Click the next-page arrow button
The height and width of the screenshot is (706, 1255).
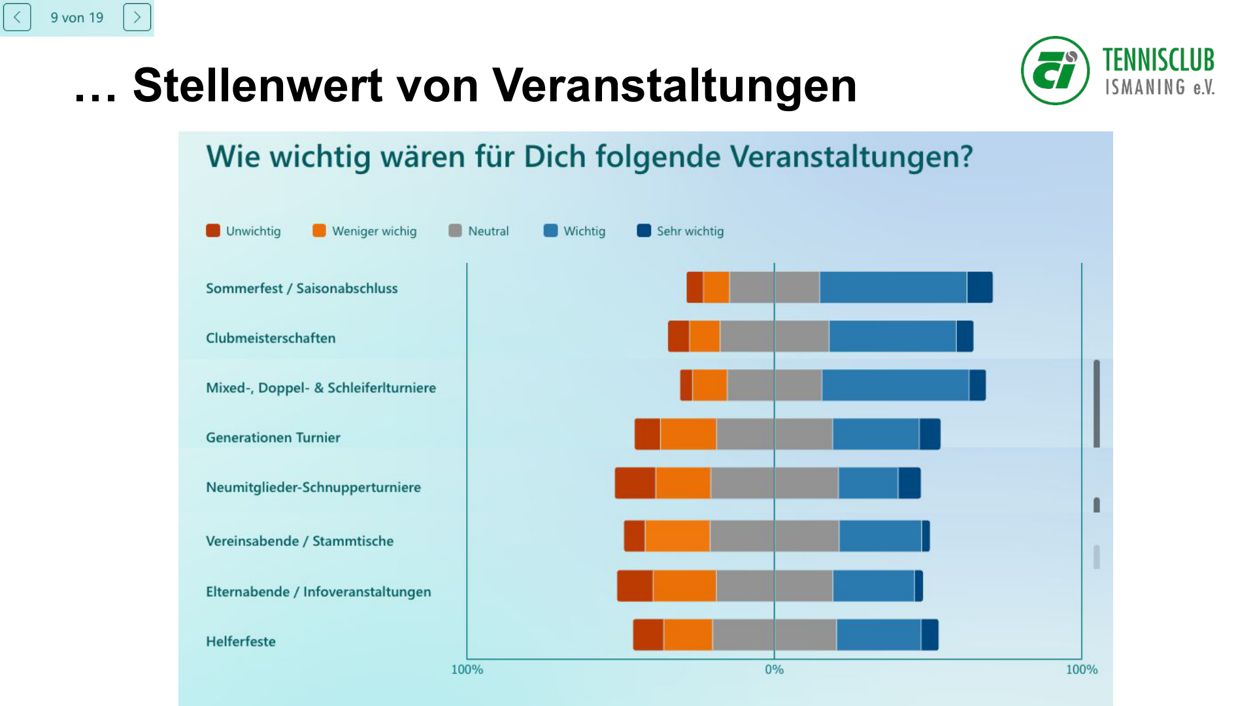click(137, 18)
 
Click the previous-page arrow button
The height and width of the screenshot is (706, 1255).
click(17, 18)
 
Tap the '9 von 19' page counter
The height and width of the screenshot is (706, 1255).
click(77, 18)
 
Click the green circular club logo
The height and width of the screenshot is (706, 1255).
click(1055, 71)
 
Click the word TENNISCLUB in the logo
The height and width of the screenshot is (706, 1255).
click(1158, 60)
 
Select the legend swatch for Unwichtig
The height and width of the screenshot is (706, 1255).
click(213, 231)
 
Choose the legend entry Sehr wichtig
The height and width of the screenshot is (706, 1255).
click(690, 231)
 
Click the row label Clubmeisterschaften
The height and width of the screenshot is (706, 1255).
click(271, 338)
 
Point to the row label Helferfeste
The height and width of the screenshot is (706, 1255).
click(241, 641)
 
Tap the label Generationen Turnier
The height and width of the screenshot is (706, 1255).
click(273, 437)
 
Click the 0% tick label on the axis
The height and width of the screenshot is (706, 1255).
click(774, 669)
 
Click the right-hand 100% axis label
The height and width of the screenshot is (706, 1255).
click(1081, 669)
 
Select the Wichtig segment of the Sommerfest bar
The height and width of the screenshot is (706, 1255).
click(893, 288)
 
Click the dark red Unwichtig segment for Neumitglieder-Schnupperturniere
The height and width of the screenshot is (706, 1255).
click(635, 483)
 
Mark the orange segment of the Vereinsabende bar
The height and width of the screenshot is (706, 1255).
click(677, 536)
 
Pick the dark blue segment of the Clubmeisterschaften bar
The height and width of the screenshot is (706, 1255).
click(965, 337)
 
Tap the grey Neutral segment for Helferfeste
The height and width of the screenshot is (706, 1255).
click(774, 635)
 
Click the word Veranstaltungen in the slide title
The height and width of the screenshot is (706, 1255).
click(674, 86)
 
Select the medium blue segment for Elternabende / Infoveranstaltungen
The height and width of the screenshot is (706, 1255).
click(873, 586)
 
